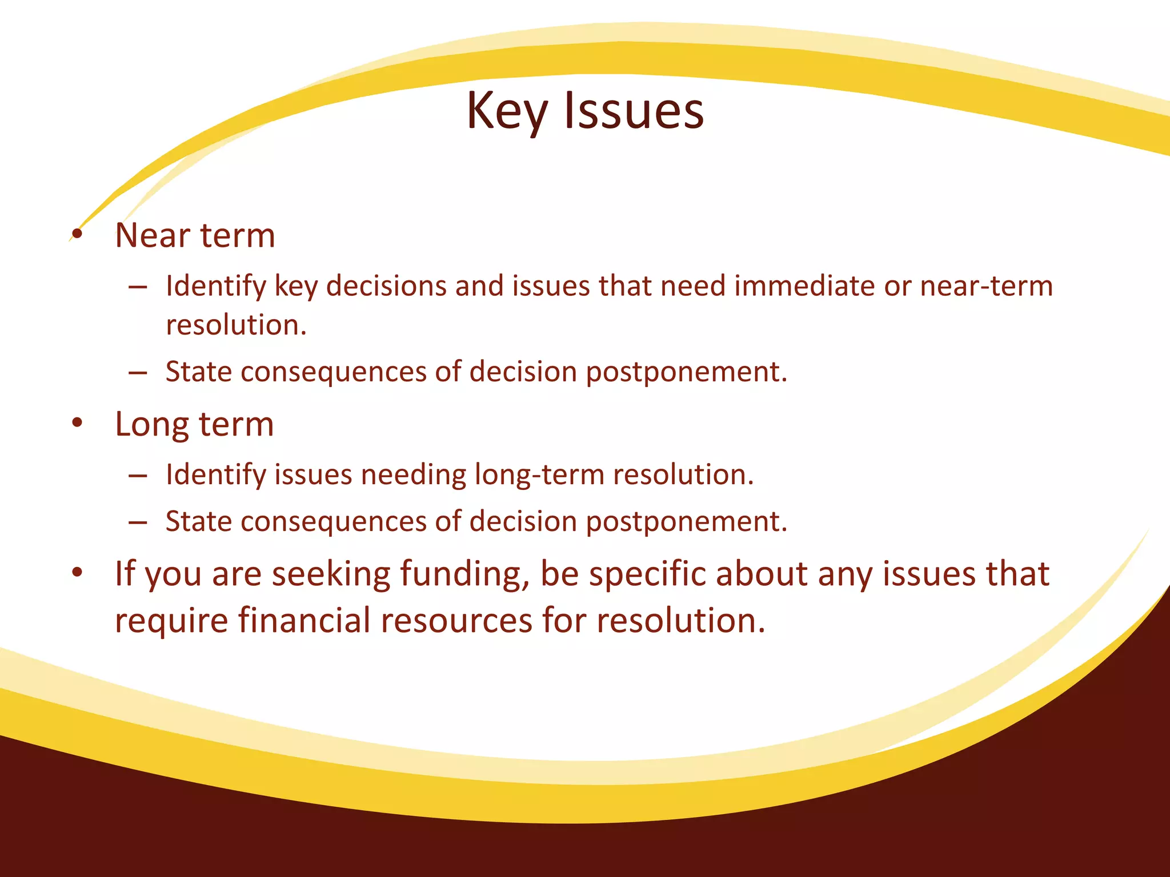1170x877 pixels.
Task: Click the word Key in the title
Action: coord(507,111)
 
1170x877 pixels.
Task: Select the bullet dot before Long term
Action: coord(78,423)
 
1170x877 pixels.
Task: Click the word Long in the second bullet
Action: coord(152,425)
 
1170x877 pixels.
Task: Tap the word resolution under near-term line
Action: coord(236,325)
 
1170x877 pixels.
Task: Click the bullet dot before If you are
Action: coord(78,572)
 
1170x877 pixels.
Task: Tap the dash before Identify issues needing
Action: coord(138,475)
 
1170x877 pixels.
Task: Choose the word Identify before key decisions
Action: coord(215,287)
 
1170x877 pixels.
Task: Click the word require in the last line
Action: coord(171,621)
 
